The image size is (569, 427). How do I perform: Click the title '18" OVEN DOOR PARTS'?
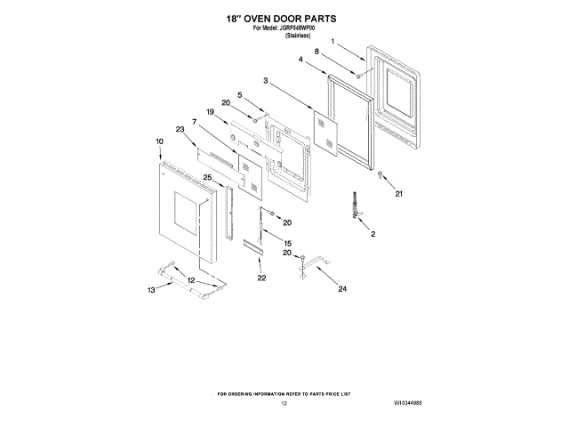(x=284, y=18)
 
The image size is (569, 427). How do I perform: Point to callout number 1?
(x=333, y=42)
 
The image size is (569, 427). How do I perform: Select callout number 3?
(x=265, y=81)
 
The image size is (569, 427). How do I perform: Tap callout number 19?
(x=211, y=112)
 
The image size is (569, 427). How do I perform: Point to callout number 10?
(x=160, y=141)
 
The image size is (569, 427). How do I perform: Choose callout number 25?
(x=207, y=177)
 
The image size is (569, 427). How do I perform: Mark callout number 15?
(x=287, y=243)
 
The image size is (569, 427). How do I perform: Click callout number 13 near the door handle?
(x=151, y=290)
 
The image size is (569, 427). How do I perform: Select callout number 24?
(x=341, y=289)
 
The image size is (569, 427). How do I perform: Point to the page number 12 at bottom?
(x=284, y=403)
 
